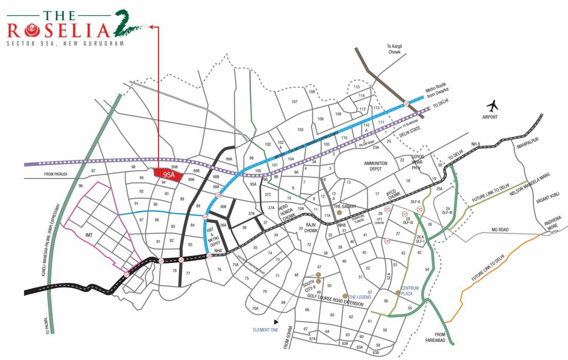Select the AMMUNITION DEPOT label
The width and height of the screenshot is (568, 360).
coord(376,166)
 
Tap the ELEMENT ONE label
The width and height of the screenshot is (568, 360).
coord(265,330)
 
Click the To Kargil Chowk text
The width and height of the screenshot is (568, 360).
coord(394,49)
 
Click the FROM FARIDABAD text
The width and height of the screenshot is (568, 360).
coord(439,337)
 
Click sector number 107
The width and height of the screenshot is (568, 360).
coord(295,102)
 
